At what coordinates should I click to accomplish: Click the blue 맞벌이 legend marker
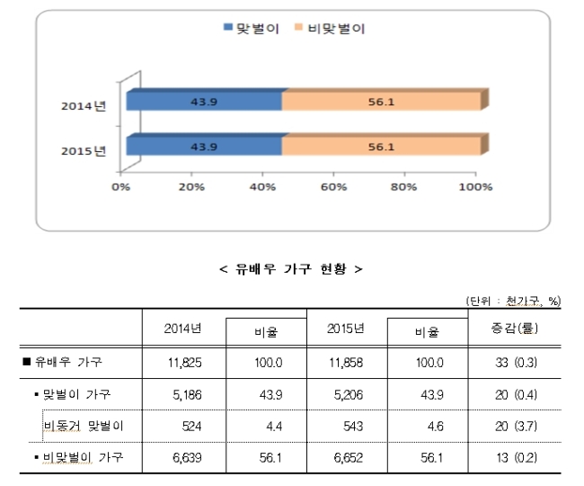coord(227,27)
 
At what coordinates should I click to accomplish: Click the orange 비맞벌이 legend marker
coord(298,27)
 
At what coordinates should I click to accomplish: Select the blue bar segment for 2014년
coord(204,102)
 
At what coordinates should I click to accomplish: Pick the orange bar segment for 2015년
coord(381,146)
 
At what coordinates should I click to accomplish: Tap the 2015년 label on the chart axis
coord(84,150)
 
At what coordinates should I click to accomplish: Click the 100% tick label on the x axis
coord(475,186)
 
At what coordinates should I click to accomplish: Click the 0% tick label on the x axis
coord(120,186)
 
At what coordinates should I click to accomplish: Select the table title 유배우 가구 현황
coord(291,268)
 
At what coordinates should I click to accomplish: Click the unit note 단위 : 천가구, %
coord(513,301)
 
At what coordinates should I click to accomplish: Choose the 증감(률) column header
coord(514,328)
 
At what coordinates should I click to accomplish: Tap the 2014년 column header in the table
coord(183,328)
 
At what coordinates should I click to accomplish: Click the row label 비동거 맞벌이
coord(83,426)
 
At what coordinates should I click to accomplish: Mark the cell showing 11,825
coord(185,362)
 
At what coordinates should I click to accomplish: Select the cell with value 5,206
coord(349,394)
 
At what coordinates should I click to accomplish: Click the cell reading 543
coord(353,426)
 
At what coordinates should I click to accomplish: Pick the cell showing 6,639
coord(187,457)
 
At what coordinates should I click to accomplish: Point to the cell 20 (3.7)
coord(517,426)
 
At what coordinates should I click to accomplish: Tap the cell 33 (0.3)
coord(517,362)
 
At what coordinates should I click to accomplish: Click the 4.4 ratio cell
coord(274,426)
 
